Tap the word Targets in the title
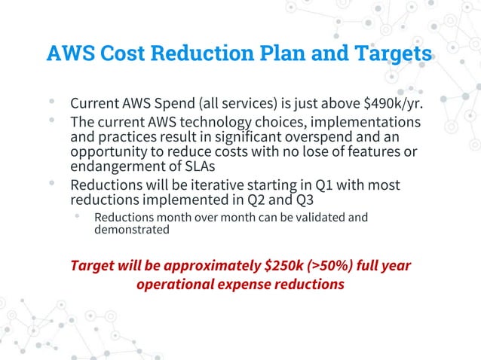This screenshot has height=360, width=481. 394,54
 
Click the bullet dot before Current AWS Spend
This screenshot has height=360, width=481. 51,100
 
